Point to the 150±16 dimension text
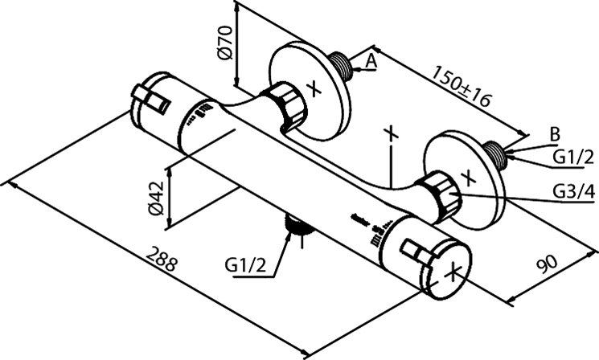pos(462,87)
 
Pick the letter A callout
pos(371,60)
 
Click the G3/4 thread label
pos(572,191)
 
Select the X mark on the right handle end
pos(454,271)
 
